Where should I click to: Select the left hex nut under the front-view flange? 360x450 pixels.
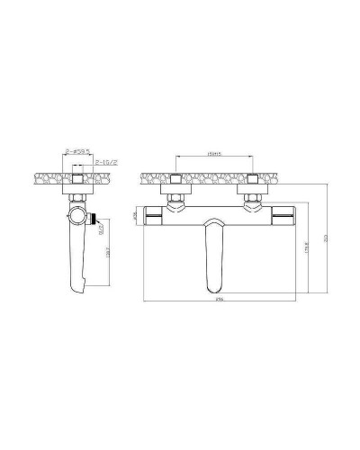pyautogui.click(x=175, y=195)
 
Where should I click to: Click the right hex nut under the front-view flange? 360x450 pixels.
pyautogui.click(x=254, y=195)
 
